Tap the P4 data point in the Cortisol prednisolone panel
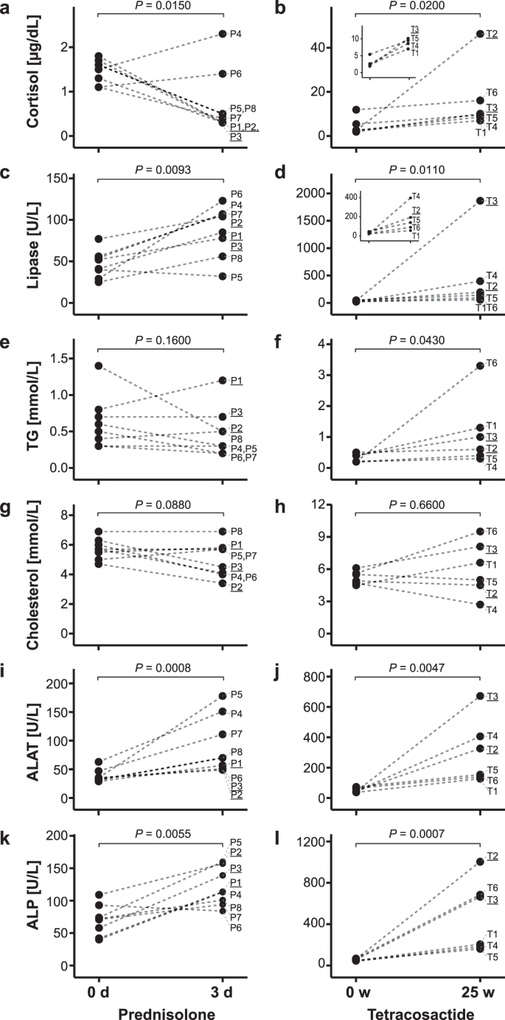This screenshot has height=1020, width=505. pos(223,34)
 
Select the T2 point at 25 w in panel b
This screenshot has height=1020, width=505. pos(480,34)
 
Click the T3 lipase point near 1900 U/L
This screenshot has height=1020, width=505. pos(480,200)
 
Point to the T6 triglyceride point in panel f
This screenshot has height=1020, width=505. pos(480,365)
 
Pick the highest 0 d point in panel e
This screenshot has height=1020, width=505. pos(99,366)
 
